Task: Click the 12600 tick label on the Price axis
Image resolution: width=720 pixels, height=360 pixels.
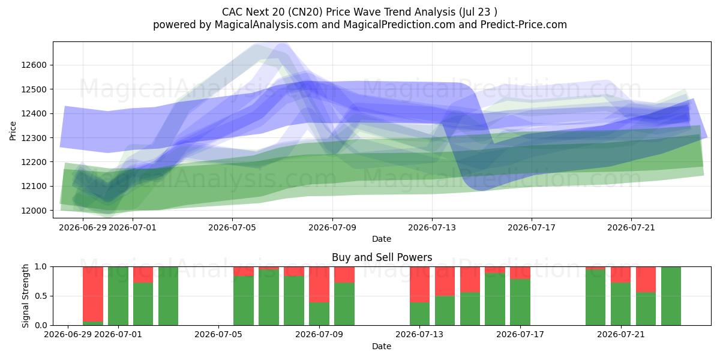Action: [34, 65]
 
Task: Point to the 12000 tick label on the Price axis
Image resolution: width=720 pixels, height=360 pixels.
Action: [34, 211]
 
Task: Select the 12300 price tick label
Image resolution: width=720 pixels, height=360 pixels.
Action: [34, 138]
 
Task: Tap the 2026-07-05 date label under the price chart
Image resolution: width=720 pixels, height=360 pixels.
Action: [232, 227]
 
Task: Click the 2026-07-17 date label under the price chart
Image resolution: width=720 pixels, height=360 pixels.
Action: [532, 227]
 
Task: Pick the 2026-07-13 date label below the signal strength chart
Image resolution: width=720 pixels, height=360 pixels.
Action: [419, 335]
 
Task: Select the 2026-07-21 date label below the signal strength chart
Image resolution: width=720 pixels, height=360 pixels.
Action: [620, 335]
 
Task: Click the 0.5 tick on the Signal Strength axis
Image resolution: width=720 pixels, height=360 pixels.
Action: [41, 296]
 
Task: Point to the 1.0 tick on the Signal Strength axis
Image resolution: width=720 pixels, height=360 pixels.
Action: [41, 267]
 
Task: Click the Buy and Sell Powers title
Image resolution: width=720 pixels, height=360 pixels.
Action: [382, 257]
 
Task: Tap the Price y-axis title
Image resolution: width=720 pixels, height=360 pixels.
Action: [13, 131]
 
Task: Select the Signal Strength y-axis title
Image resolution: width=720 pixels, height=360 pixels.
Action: [25, 296]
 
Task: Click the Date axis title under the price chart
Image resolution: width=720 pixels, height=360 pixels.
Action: [382, 239]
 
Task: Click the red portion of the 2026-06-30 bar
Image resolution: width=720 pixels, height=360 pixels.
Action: [93, 294]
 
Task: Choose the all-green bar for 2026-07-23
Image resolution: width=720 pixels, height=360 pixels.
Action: [671, 296]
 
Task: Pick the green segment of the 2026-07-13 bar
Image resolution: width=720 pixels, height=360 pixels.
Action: [420, 314]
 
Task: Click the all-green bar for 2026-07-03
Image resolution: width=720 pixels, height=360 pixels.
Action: [168, 296]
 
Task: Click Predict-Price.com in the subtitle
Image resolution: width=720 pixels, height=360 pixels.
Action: [524, 25]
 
